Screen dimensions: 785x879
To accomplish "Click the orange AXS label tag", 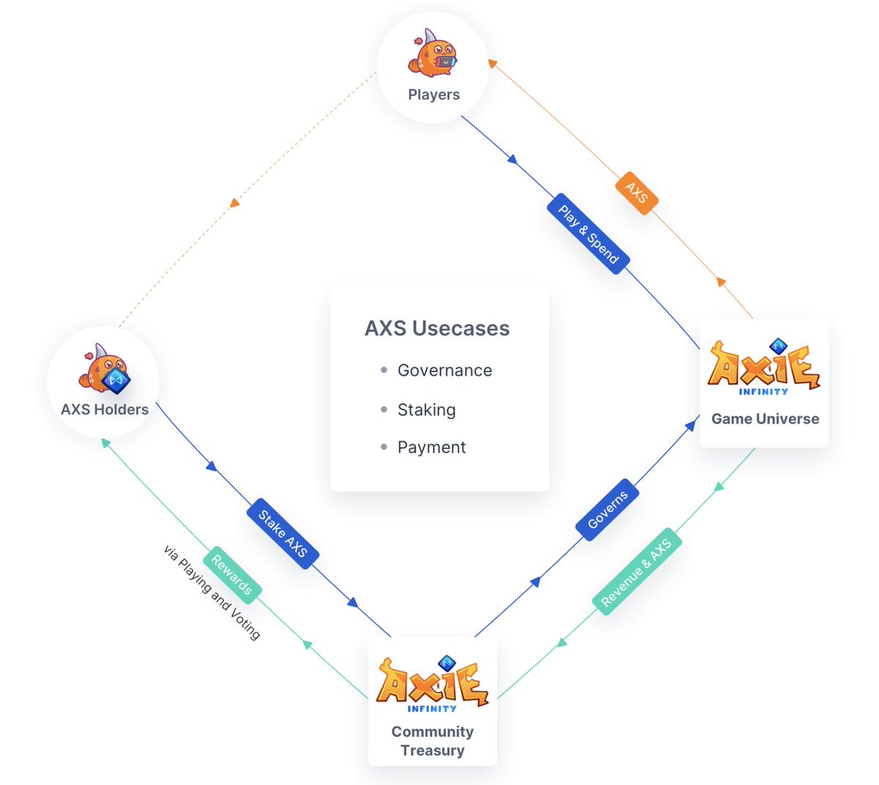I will (637, 194).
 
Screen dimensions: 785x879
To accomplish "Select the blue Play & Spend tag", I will (588, 234).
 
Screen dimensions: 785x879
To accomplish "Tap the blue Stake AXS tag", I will (283, 534).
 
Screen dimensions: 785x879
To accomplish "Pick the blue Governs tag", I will (607, 509).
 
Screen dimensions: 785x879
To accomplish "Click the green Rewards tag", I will (231, 575).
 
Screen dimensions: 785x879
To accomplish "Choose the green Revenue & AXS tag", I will (637, 572).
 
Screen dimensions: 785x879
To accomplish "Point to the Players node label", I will (434, 95).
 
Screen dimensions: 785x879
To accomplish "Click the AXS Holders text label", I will (105, 410).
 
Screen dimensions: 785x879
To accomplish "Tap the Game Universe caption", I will (765, 419).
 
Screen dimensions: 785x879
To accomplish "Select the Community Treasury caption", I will (432, 741).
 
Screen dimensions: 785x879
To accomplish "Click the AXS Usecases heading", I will (437, 328).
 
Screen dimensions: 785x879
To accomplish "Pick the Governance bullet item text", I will (445, 371).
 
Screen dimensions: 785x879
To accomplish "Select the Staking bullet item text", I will (426, 410).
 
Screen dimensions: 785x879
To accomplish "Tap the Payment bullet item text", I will (431, 447).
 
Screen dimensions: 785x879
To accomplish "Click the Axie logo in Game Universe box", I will (763, 367).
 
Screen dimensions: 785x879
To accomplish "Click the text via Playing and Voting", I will (211, 593).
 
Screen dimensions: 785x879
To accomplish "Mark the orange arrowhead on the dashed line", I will (234, 202).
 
